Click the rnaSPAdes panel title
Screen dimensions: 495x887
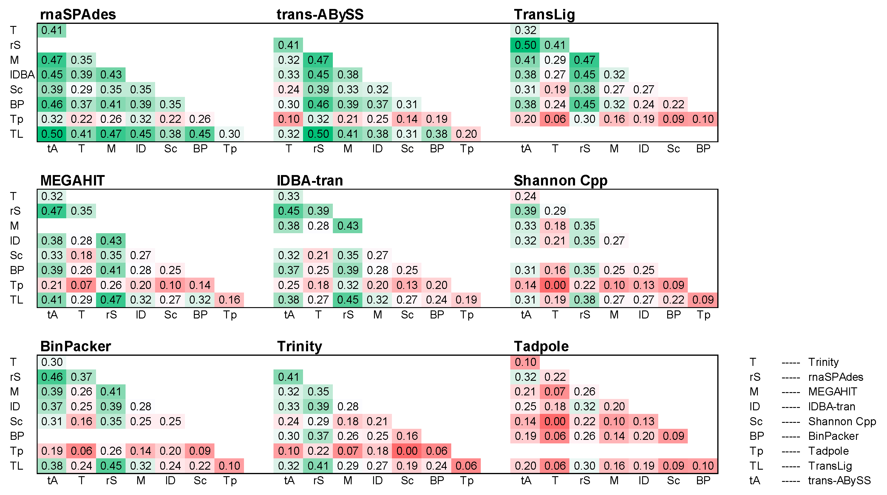[x=78, y=14]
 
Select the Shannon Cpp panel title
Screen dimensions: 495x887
[x=560, y=180]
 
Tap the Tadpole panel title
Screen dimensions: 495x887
[x=541, y=346]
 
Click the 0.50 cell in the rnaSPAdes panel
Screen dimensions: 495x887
[x=52, y=134]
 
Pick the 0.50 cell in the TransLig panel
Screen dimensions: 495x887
[x=525, y=45]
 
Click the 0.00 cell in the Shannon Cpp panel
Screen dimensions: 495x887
[x=555, y=285]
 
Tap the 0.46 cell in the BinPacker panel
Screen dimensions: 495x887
[x=52, y=377]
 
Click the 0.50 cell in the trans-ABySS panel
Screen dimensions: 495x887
[x=318, y=134]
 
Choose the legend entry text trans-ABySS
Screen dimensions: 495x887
[x=839, y=481]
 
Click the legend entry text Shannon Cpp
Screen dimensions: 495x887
[x=842, y=421]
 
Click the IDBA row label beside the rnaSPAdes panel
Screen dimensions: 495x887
[x=22, y=75]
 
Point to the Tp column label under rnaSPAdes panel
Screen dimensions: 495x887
[x=230, y=149]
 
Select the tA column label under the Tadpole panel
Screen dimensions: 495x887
[x=526, y=481]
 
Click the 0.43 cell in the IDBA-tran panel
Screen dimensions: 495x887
[x=347, y=226]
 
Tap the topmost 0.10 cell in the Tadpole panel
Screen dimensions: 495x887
[x=525, y=362]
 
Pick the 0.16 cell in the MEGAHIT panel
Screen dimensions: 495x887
[x=229, y=300]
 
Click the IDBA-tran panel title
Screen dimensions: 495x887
[x=310, y=180]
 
